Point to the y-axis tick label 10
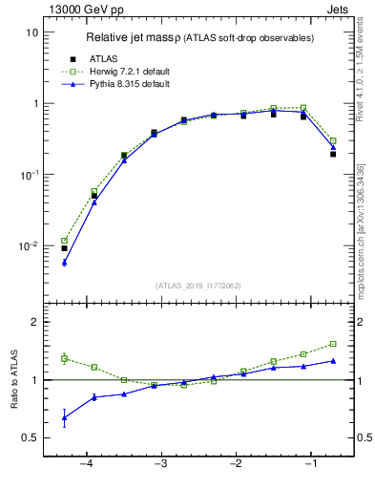(x=31, y=32)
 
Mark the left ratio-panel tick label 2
(x=34, y=322)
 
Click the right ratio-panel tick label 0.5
(x=364, y=437)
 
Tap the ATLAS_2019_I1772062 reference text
(x=198, y=286)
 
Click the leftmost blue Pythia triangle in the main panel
(x=64, y=262)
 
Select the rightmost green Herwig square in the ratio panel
(x=333, y=344)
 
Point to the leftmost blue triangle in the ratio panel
(x=64, y=417)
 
